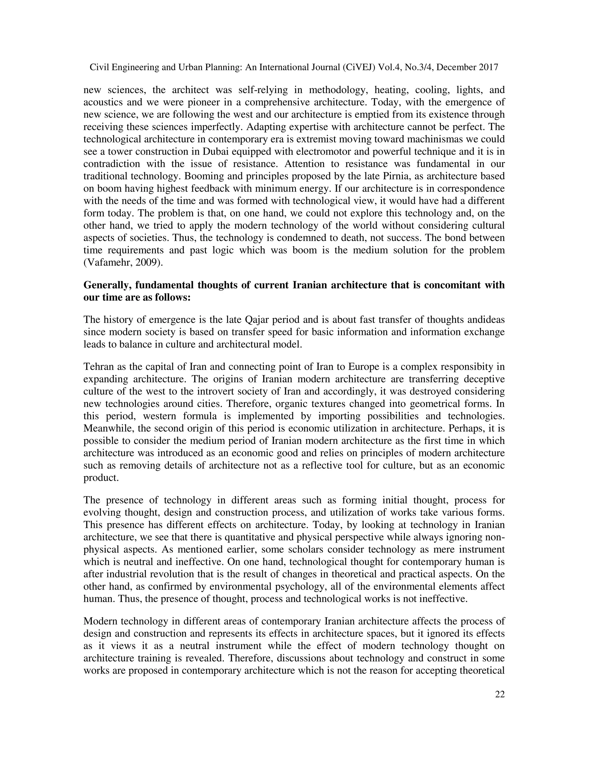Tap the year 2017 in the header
click(x=489, y=67)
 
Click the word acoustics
click(x=101, y=102)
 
